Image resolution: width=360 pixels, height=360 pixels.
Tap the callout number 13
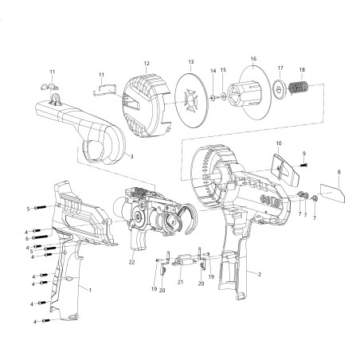pyautogui.click(x=191, y=61)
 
